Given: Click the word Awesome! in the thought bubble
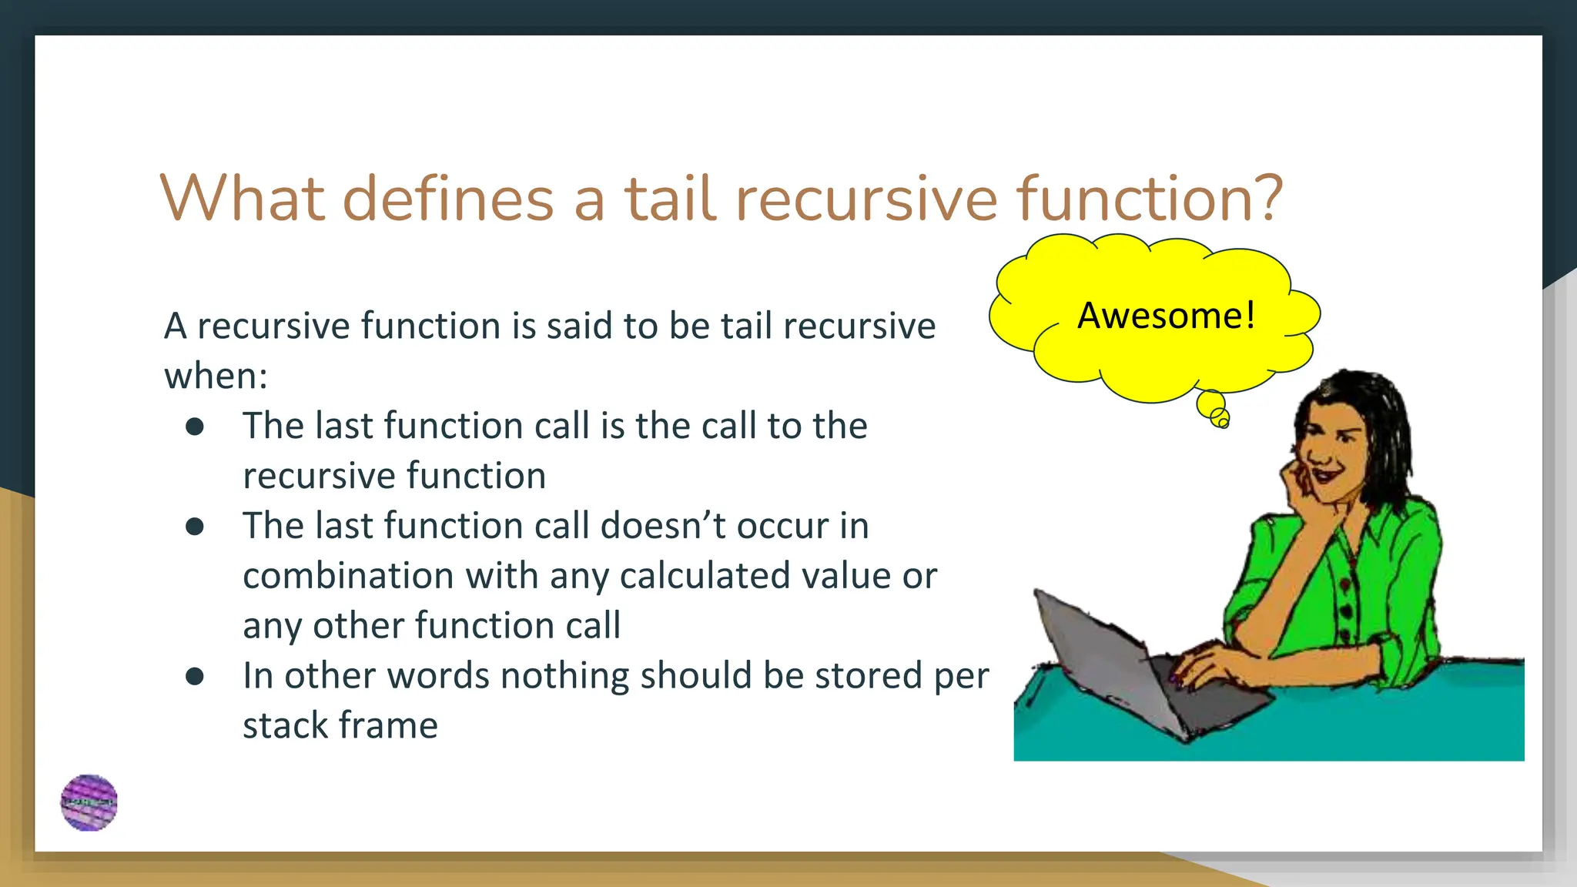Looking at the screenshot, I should click(1166, 316).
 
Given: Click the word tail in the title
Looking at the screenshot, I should click(670, 198).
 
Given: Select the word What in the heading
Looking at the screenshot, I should click(241, 198).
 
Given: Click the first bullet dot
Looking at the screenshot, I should click(195, 427).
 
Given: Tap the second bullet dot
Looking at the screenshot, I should click(195, 527).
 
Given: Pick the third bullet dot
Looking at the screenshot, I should click(195, 676).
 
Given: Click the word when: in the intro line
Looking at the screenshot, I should click(216, 376).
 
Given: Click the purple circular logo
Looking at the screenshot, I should click(89, 802).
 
